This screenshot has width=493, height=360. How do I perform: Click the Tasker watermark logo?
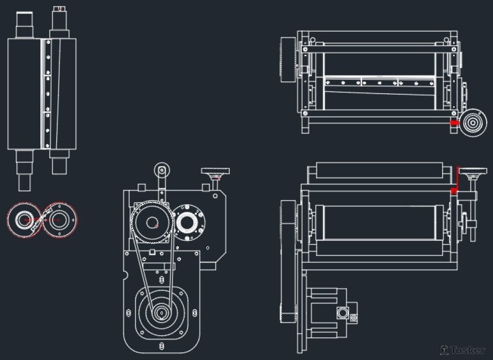pos(462,350)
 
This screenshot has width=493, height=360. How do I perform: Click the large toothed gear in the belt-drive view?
pos(152,222)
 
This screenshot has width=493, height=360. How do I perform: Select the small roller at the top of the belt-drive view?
pos(162,171)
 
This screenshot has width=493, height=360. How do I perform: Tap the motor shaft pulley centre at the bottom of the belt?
pos(162,313)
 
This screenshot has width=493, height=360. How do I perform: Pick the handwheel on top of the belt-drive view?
pos(215,172)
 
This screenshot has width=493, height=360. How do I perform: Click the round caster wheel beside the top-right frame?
pos(473,123)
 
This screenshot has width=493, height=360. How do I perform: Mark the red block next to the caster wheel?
pos(454,123)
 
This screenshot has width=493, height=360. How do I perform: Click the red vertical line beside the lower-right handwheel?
pos(458,177)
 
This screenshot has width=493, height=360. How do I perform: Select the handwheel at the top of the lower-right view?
pos(473,172)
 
